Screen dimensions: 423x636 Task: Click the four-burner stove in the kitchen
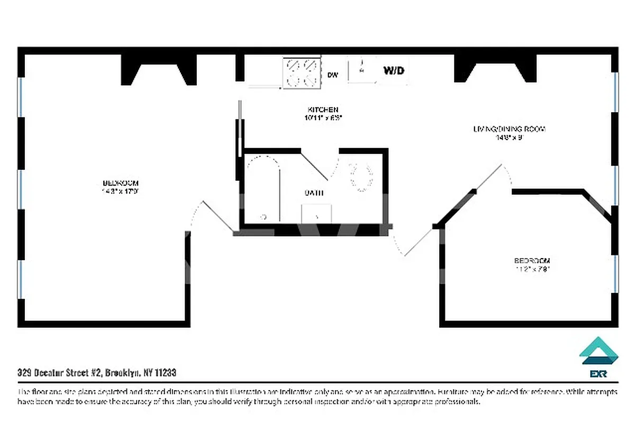302,72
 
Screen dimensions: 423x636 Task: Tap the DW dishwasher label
333,75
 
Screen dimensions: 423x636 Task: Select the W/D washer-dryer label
394,70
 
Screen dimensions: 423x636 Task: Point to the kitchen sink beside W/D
362,69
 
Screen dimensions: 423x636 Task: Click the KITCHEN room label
321,109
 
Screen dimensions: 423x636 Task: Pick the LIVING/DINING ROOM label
509,128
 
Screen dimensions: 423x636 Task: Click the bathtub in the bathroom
263,188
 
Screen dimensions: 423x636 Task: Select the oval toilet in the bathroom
361,177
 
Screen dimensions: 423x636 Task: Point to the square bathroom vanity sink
316,214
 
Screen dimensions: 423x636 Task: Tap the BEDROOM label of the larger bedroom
122,183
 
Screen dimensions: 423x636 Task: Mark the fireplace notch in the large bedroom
159,71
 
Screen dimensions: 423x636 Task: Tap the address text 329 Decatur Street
97,373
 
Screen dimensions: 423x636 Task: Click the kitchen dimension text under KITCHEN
321,118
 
